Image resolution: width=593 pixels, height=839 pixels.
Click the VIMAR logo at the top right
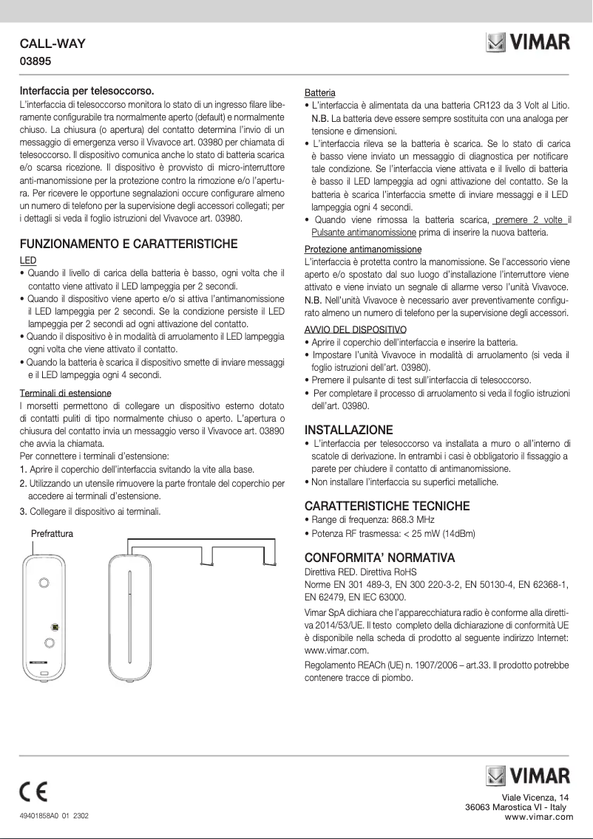(x=528, y=43)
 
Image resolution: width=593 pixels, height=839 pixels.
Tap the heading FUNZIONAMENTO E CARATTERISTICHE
(x=128, y=244)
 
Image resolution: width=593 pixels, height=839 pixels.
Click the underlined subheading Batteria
(x=320, y=93)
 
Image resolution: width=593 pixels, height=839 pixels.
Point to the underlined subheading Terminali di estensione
(x=65, y=393)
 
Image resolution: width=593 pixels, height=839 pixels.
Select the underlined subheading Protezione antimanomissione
(x=363, y=249)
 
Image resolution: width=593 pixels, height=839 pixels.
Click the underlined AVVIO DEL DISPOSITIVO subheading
(x=356, y=329)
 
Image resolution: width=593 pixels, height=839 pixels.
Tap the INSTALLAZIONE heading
(x=349, y=430)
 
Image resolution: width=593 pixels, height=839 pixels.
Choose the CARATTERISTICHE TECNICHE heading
(x=387, y=506)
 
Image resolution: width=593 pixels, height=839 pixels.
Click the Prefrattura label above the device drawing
(x=52, y=533)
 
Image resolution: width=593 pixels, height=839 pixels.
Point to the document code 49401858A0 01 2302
(x=54, y=816)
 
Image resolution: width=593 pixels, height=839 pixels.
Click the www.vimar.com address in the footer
(x=538, y=816)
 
